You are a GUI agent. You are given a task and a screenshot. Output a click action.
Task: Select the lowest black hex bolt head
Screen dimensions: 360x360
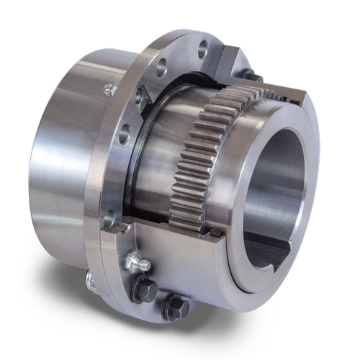pos(175,308)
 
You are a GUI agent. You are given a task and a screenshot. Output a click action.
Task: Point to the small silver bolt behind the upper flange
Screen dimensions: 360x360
pos(109,89)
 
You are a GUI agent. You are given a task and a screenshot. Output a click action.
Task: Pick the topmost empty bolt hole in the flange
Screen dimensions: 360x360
pos(202,48)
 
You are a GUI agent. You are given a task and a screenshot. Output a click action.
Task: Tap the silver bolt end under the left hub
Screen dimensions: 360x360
pos(90,277)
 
